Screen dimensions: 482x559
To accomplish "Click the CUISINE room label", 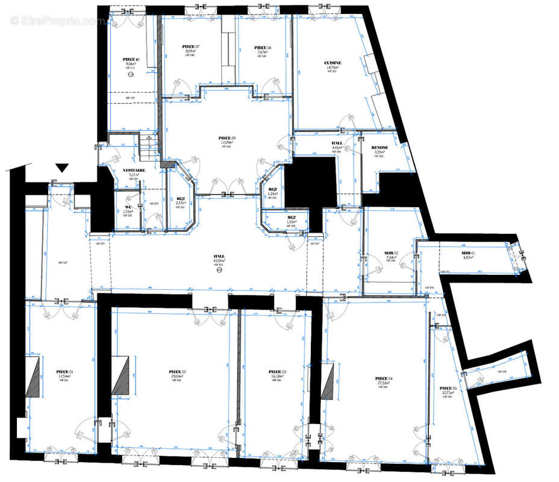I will point(333,63).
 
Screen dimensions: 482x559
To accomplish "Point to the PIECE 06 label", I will point(263,48).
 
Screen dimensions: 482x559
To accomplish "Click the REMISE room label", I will point(379,148).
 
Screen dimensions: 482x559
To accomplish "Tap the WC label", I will point(127,207).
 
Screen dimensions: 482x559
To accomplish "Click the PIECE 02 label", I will point(177,372).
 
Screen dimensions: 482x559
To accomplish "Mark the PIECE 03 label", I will point(277,372).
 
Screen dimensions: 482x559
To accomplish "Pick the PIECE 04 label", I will point(383,378).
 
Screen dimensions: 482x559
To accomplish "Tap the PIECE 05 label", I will point(448,388).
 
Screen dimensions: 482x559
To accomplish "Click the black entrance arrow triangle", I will point(62,167).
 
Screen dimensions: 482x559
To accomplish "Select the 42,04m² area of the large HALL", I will point(219,260).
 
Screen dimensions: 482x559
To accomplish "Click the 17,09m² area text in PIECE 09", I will point(227,143).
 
